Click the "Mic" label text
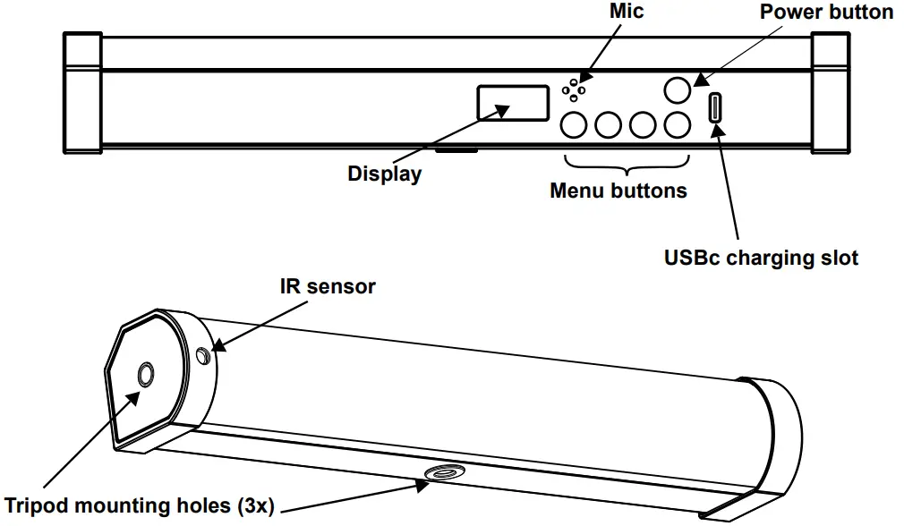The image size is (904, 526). tap(627, 11)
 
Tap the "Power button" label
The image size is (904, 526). tap(826, 12)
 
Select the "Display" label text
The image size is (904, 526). tap(385, 174)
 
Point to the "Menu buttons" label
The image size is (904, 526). tap(618, 191)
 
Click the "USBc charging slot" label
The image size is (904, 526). tap(761, 258)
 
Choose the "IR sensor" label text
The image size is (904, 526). tap(328, 286)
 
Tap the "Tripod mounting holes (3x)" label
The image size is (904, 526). tap(139, 505)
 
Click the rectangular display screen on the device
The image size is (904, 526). tap(513, 103)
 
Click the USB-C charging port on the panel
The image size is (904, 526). tap(715, 107)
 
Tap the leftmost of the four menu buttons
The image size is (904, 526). tap(574, 124)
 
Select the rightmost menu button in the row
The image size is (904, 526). tap(678, 124)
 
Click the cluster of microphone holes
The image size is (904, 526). tap(574, 90)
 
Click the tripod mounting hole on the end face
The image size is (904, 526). tap(145, 375)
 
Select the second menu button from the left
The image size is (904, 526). tap(609, 124)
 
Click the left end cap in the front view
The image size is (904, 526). tap(82, 93)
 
